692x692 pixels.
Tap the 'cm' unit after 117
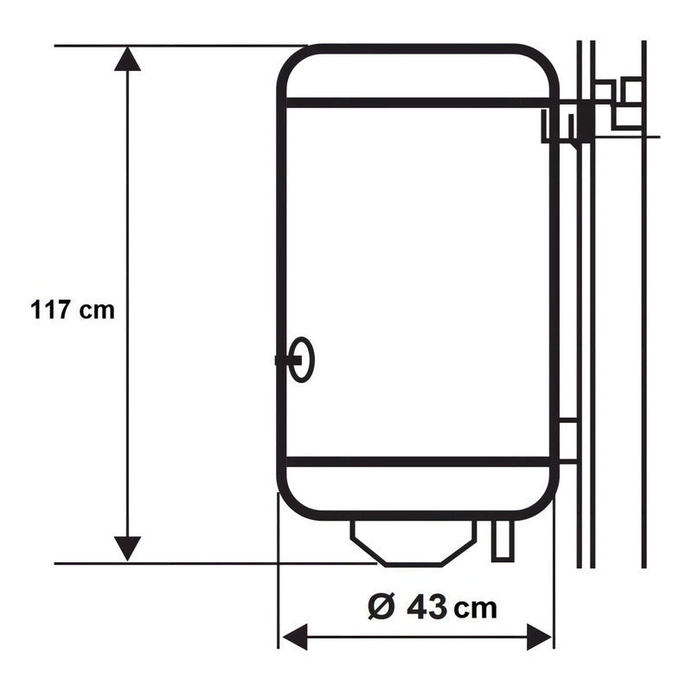[97, 311]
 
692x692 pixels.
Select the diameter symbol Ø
[381, 607]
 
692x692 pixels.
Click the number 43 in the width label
[426, 607]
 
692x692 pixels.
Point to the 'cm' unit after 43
[477, 608]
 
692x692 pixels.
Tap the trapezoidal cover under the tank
[413, 542]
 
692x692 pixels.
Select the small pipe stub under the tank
[502, 540]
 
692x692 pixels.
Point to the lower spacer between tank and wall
[567, 441]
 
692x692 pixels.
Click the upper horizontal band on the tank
[415, 103]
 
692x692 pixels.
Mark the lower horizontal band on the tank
[415, 462]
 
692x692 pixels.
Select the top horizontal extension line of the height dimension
[173, 45]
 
